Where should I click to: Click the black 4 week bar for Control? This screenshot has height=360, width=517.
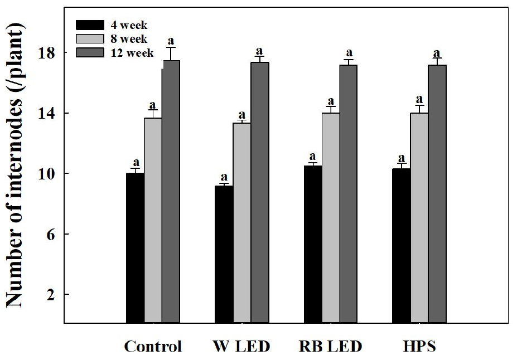pyautogui.click(x=135, y=248)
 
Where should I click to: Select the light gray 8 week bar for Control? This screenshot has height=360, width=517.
pyautogui.click(x=153, y=220)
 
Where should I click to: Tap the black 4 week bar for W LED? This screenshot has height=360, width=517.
pyautogui.click(x=224, y=254)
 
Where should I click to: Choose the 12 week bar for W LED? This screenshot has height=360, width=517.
pyautogui.click(x=259, y=192)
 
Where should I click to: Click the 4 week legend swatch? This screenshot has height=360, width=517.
pyautogui.click(x=90, y=25)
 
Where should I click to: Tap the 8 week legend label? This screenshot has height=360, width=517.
pyautogui.click(x=129, y=39)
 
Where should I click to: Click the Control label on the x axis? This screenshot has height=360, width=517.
pyautogui.click(x=153, y=347)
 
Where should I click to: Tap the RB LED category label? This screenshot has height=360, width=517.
pyautogui.click(x=330, y=347)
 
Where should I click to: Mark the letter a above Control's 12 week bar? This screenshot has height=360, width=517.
pyautogui.click(x=171, y=40)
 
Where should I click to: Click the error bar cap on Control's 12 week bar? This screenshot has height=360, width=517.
pyautogui.click(x=171, y=48)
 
